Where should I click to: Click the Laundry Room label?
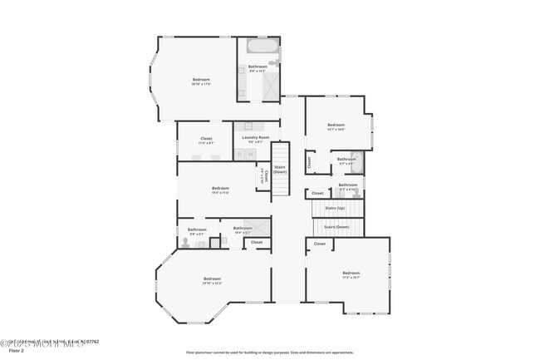[256, 138]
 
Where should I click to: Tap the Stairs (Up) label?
[335, 208]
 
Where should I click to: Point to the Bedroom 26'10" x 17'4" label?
[201, 81]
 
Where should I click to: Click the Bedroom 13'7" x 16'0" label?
[336, 126]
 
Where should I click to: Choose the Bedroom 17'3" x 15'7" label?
[351, 275]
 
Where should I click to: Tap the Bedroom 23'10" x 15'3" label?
[212, 280]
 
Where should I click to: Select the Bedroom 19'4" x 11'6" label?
[220, 190]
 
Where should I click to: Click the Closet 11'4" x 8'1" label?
[206, 140]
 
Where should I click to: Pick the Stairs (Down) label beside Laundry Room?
[280, 169]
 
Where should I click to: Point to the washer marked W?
[238, 153]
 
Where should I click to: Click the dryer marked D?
[250, 153]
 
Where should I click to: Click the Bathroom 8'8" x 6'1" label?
[197, 231]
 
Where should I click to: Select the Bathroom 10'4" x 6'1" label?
[243, 229]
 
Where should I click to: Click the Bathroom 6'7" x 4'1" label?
[346, 160]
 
